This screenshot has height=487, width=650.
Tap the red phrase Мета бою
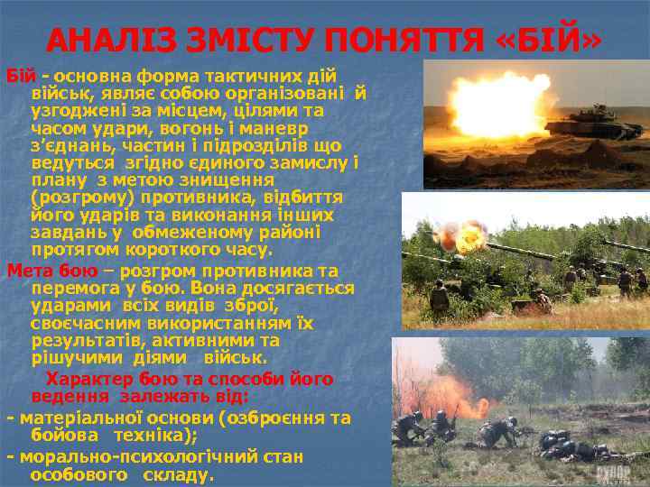(46, 271)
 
